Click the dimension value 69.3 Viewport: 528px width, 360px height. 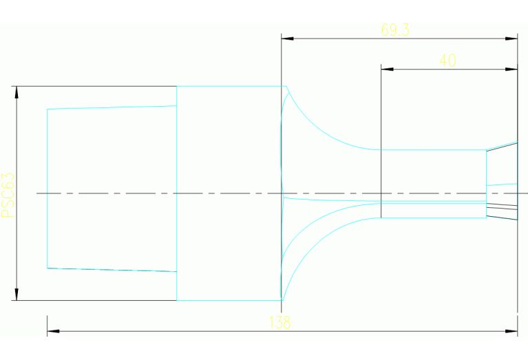[395, 30]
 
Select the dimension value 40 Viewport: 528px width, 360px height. [447, 61]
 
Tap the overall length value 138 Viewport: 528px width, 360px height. [281, 322]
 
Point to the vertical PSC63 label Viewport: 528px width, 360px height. [8, 195]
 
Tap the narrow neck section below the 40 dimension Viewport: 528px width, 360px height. [434, 172]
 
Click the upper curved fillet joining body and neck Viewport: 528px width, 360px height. [324, 131]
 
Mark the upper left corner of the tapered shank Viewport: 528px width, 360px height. [47, 109]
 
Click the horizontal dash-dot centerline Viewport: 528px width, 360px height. [207, 193]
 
